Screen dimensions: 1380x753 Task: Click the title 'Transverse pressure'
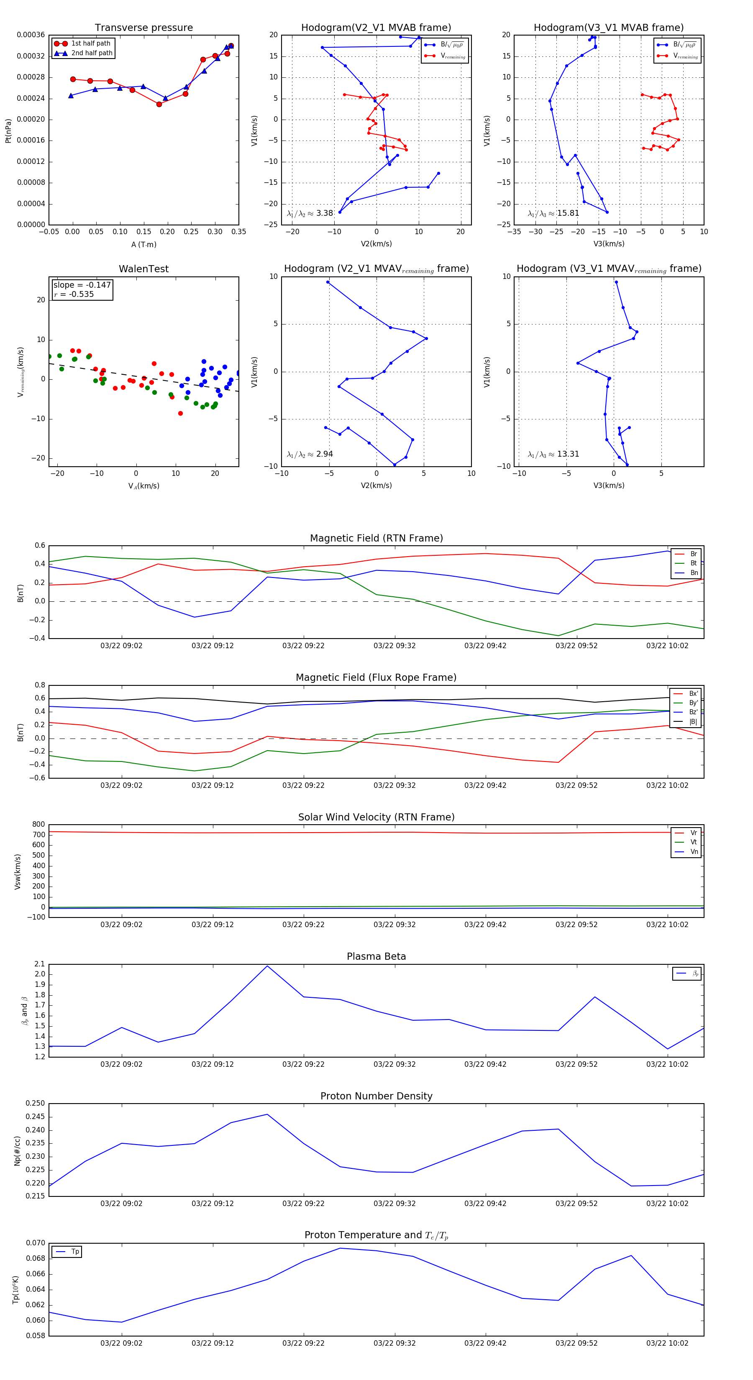(143, 28)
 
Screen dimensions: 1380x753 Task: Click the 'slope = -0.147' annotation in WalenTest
(82, 285)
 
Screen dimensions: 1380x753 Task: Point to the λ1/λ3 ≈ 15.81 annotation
(553, 213)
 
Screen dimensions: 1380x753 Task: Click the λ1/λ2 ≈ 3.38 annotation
(310, 213)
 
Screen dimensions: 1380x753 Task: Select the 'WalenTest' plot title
(143, 269)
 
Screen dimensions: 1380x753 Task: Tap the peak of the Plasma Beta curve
(267, 966)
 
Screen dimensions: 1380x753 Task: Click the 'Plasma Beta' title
(376, 956)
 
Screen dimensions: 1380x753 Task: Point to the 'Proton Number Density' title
(376, 1096)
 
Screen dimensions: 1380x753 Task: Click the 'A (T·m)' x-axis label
(143, 244)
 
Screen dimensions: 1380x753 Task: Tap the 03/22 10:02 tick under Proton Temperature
(667, 1343)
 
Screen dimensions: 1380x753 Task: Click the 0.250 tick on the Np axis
(36, 1103)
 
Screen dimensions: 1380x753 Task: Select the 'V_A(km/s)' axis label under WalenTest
(143, 486)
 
